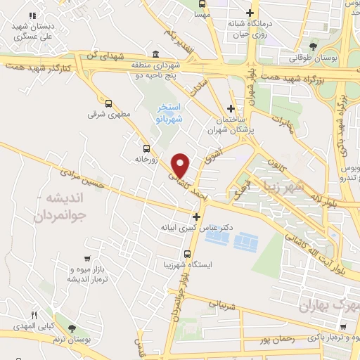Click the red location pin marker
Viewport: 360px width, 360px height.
pos(181,165)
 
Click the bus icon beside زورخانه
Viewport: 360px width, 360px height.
pos(146,148)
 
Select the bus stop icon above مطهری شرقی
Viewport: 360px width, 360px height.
pos(108,102)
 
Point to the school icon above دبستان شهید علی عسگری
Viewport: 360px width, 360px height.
pos(32,15)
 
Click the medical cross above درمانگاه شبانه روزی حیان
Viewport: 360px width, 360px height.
pos(250,12)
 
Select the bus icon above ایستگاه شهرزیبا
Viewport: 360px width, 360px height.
pos(187,254)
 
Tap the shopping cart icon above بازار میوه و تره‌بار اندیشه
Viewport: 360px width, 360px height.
pos(86,258)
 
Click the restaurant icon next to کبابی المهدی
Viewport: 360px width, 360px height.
pos(32,314)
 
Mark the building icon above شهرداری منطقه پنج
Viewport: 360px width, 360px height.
pos(155,55)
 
